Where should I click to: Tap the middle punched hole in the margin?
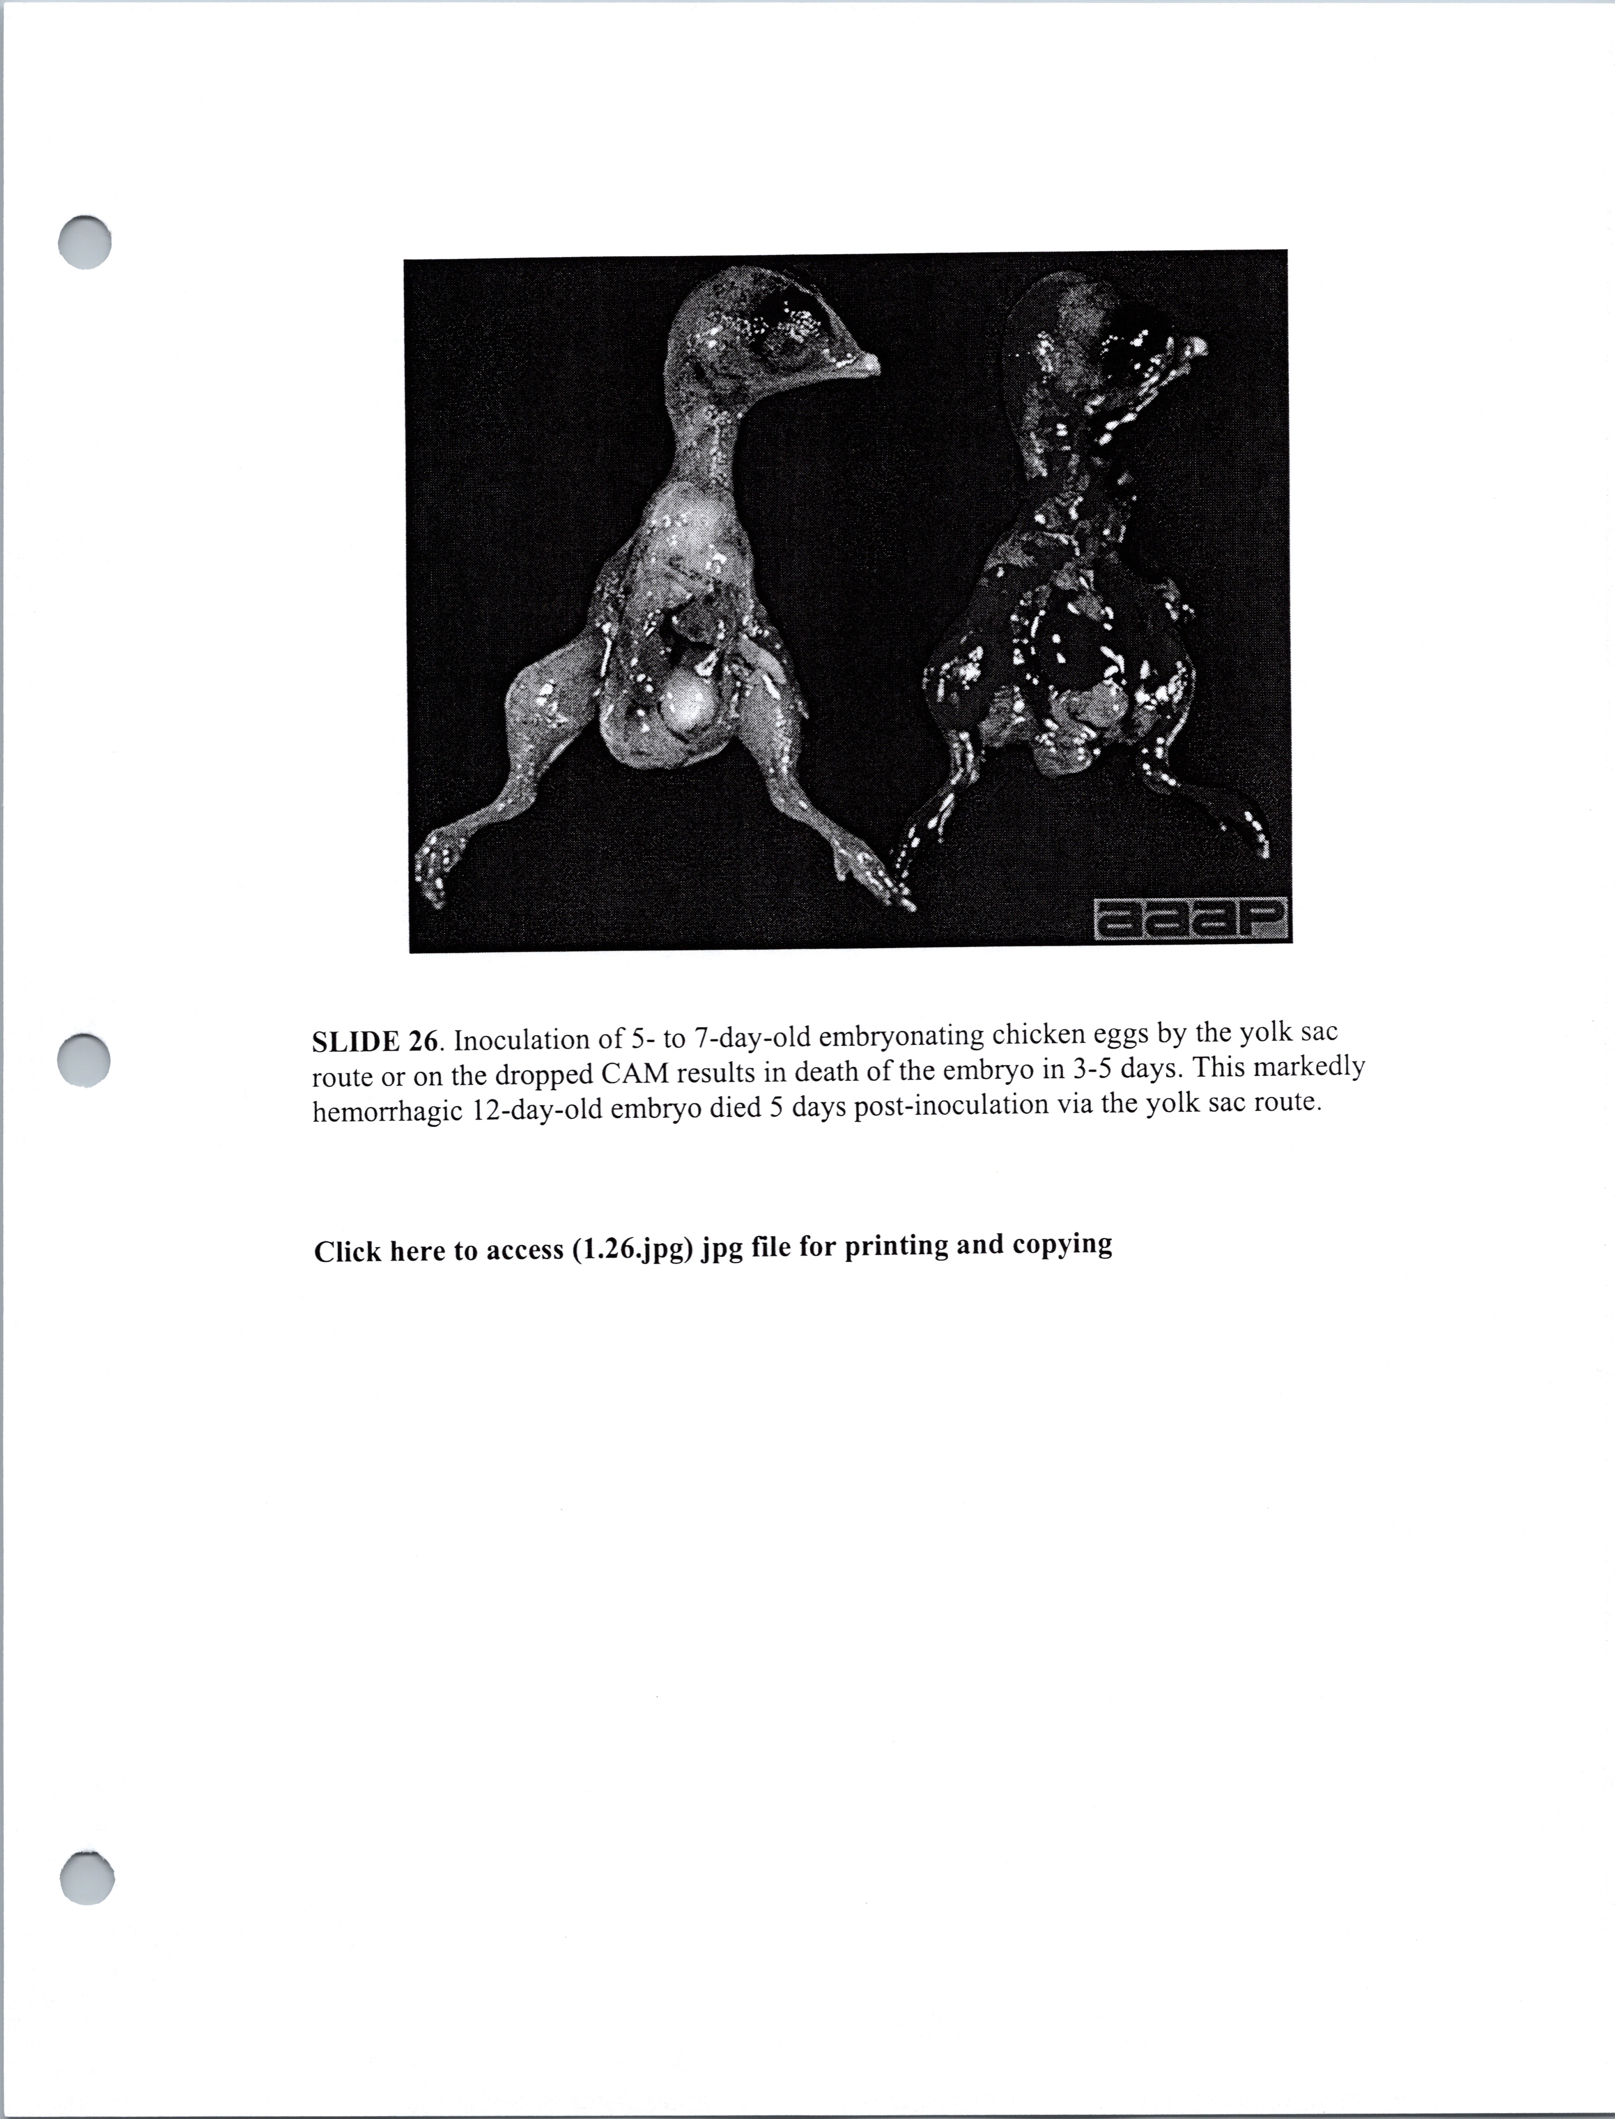(85, 1060)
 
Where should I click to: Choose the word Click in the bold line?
(342, 1252)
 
